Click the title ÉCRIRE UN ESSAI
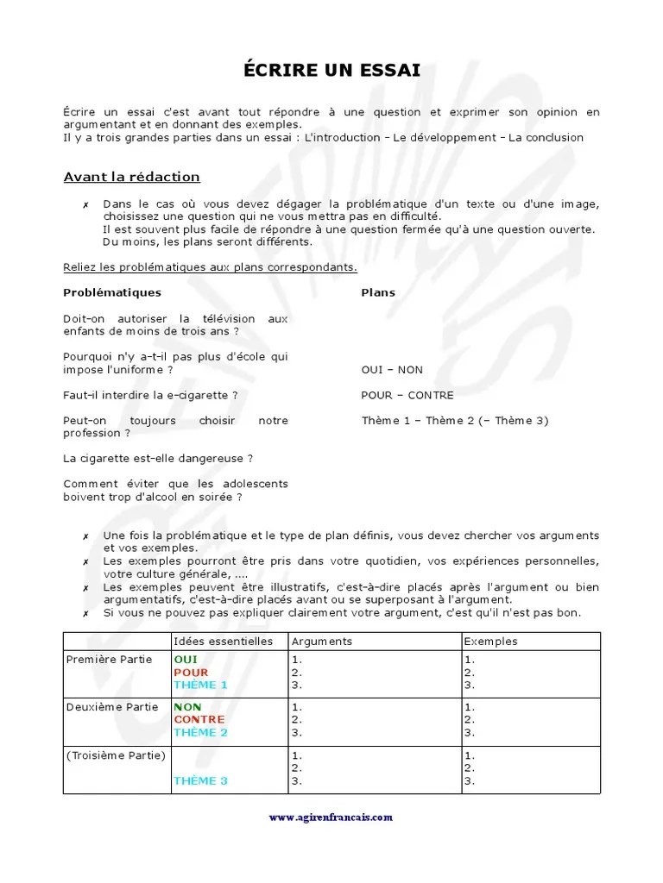point(331,71)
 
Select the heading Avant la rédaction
point(131,177)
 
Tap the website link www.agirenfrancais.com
point(331,817)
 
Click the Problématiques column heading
point(111,292)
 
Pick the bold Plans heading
point(377,292)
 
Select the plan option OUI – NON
point(392,369)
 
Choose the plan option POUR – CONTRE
point(407,395)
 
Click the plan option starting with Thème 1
point(454,421)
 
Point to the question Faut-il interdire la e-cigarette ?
point(150,395)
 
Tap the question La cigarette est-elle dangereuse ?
point(158,458)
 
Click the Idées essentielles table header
point(223,642)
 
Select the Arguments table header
point(322,642)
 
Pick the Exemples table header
point(490,642)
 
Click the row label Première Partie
point(109,660)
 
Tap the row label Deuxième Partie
point(112,707)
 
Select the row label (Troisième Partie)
point(115,755)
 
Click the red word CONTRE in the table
point(199,719)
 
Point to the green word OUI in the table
point(185,660)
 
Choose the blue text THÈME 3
point(200,780)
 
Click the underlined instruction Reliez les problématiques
point(210,267)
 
